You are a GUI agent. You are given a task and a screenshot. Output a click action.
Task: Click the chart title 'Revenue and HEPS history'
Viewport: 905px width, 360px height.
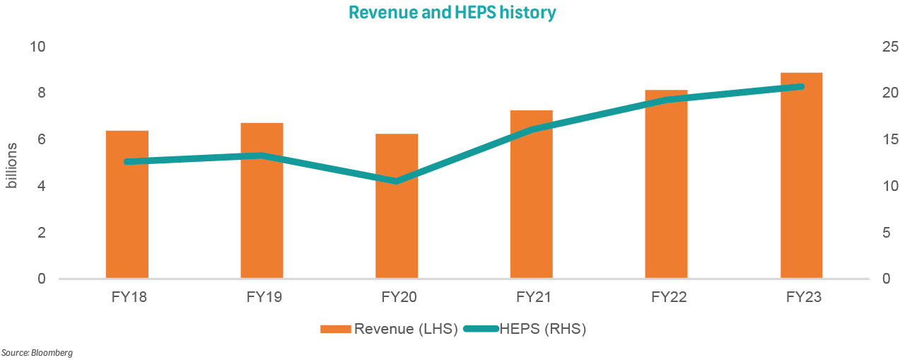click(x=452, y=12)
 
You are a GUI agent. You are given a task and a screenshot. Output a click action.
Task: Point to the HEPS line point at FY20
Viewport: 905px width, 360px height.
click(x=397, y=181)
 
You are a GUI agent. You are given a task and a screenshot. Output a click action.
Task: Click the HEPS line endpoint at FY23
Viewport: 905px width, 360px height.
click(x=800, y=86)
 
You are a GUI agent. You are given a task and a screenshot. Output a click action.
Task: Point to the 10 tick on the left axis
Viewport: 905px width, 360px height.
click(x=37, y=47)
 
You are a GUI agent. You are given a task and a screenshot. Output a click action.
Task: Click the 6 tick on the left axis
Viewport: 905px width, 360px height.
click(x=41, y=140)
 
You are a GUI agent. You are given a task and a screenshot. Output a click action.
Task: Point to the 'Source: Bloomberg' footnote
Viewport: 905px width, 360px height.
click(x=37, y=352)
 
